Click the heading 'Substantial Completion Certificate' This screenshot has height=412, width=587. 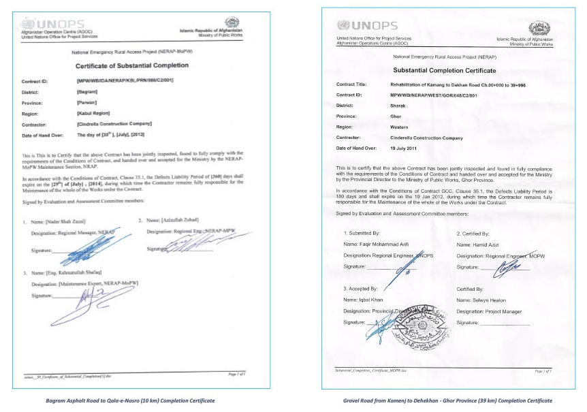tap(445, 71)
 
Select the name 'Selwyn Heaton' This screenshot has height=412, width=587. tap(490, 300)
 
